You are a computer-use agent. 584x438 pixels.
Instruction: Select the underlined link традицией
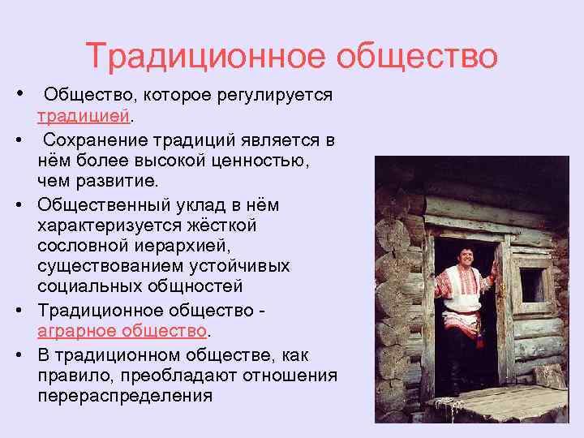[x=83, y=116]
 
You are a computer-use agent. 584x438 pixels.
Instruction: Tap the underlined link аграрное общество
[x=122, y=330]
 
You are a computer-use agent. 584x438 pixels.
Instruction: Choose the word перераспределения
[x=124, y=396]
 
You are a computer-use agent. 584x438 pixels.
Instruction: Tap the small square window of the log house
[x=531, y=285]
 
